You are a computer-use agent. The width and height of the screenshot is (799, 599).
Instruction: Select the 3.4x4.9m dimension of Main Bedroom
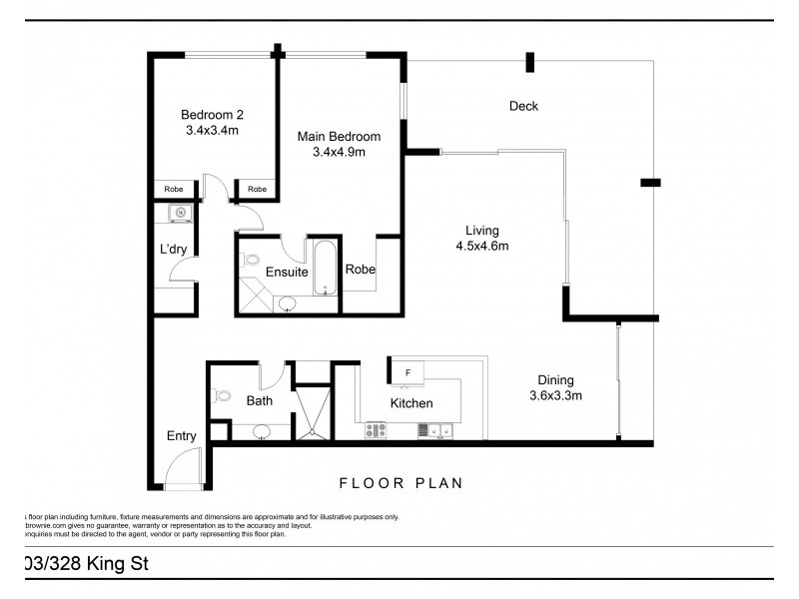[x=340, y=153]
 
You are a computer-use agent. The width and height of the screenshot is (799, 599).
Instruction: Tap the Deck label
[x=523, y=106]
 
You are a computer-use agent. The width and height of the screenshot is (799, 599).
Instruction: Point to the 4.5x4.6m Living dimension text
[x=483, y=247]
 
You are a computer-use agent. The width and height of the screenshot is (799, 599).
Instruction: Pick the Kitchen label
[x=411, y=403]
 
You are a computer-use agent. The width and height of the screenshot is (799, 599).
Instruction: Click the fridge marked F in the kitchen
[x=407, y=372]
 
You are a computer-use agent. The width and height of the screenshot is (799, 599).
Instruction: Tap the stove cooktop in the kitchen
[x=377, y=431]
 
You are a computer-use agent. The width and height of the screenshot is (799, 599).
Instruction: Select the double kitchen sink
[x=437, y=431]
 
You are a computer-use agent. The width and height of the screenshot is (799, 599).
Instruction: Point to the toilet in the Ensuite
[x=251, y=263]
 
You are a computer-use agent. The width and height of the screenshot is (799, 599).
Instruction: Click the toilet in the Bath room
[x=222, y=395]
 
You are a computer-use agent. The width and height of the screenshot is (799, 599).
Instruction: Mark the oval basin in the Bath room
[x=261, y=431]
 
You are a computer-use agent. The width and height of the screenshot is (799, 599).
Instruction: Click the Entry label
[x=182, y=436]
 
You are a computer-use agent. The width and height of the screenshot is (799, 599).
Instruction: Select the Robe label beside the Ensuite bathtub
[x=360, y=269]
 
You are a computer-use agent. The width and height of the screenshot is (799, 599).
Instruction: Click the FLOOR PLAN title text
[x=400, y=483]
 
